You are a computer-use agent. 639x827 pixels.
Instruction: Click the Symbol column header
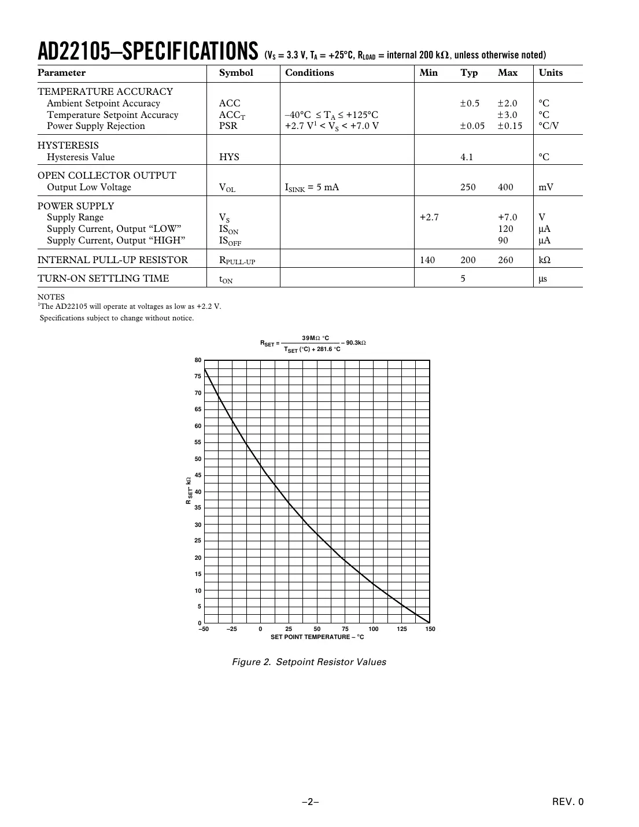point(236,73)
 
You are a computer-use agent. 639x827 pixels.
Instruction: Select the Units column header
point(551,73)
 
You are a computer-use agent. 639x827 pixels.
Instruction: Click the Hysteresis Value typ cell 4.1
point(467,157)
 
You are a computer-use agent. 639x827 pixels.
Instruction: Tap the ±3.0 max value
point(508,115)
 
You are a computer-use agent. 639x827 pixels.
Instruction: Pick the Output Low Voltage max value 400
point(505,187)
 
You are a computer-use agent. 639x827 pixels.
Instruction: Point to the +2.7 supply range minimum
point(429,217)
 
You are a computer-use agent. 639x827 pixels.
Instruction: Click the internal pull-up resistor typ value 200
point(468,260)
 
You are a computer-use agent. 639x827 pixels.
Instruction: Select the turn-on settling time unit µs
point(543,279)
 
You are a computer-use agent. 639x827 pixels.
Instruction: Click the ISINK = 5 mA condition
point(312,187)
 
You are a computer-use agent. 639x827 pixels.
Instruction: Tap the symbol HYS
point(229,157)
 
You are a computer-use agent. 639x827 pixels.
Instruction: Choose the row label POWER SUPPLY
point(76,206)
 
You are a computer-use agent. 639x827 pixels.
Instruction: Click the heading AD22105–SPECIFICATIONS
point(147,52)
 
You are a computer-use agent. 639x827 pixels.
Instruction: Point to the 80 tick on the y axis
point(198,360)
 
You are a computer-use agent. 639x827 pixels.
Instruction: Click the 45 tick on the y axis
point(198,475)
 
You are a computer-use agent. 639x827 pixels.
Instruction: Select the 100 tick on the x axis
point(374,629)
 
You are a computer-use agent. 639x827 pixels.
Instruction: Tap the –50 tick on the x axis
point(204,629)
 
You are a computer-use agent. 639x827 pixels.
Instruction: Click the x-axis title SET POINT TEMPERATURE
point(317,637)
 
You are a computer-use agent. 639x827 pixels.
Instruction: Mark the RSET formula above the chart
point(313,344)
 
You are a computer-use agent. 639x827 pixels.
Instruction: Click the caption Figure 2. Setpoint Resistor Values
point(309,662)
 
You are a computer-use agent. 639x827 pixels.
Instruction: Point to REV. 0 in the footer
point(568,802)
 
